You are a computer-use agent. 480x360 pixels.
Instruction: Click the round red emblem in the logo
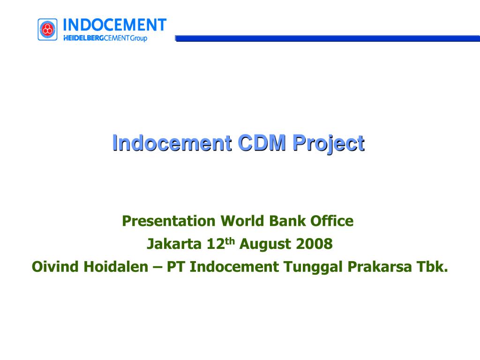(x=47, y=30)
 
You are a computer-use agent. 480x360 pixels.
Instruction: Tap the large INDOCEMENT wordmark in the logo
(x=114, y=24)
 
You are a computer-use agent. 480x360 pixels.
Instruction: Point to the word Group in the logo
(x=138, y=38)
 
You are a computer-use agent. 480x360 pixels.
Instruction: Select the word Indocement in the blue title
(x=172, y=143)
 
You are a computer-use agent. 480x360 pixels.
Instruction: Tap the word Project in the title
(x=328, y=143)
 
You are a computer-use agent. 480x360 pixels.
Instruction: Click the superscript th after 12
(x=230, y=241)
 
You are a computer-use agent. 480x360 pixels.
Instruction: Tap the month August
(x=266, y=244)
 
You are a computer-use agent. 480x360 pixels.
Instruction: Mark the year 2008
(x=314, y=244)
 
